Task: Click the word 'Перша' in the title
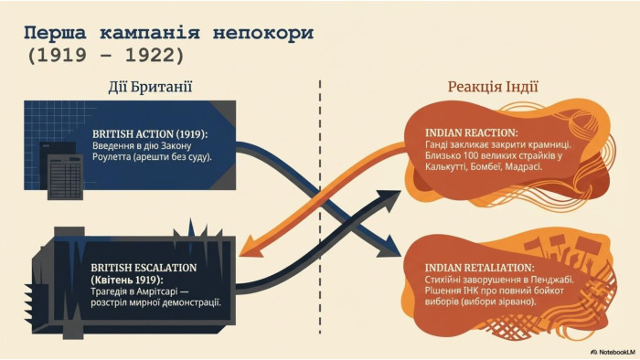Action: [x=55, y=33]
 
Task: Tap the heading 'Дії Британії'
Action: [x=150, y=87]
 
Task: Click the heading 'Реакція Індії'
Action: [x=493, y=87]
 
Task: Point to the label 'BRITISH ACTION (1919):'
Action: [x=150, y=134]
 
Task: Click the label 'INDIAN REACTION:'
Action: [x=472, y=132]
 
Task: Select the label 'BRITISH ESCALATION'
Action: [x=144, y=268]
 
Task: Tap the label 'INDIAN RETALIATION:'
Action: [x=479, y=268]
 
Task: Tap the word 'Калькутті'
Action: [x=443, y=166]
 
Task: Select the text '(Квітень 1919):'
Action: [x=126, y=281]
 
